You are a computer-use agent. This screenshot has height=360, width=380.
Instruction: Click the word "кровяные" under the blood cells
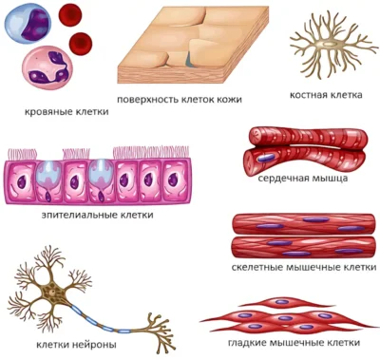point(48,112)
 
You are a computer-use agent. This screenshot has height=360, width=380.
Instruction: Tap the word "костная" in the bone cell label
point(309,95)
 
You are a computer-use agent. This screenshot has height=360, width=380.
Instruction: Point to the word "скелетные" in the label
point(256,268)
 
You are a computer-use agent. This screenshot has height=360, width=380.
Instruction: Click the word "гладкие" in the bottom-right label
point(247,343)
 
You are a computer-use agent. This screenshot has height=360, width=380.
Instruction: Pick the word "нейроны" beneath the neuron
point(97,345)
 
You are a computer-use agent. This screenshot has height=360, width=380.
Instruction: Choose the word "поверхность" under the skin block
point(148,100)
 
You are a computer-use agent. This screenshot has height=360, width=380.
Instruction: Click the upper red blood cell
point(70,15)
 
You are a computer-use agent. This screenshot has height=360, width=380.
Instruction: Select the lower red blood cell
point(81,43)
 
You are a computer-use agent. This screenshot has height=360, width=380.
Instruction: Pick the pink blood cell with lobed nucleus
point(47,67)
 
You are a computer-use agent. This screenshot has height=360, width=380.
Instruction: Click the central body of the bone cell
point(329,44)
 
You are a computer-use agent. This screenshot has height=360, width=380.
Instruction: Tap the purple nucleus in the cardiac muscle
point(266,158)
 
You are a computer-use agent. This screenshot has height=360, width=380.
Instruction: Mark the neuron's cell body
point(51,291)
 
